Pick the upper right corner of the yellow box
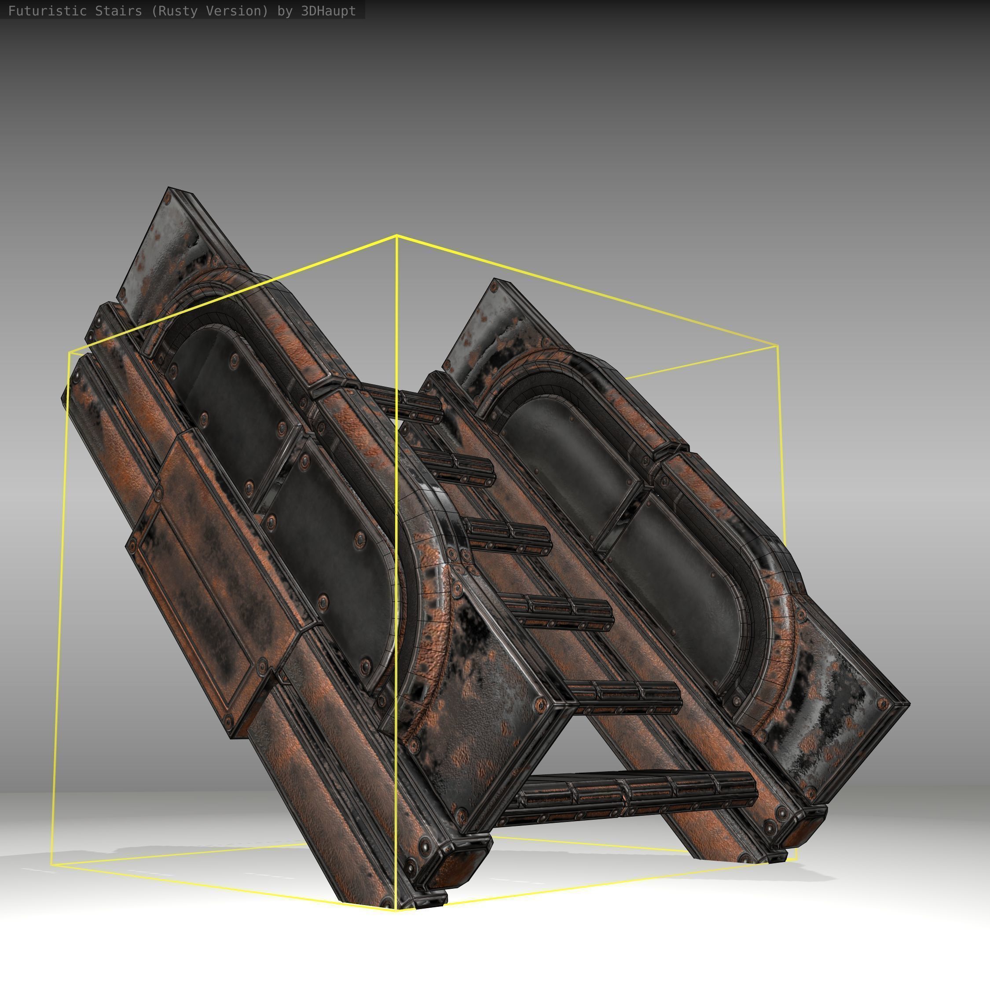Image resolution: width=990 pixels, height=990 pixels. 778,346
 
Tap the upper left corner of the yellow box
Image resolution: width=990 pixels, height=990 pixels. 69,353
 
